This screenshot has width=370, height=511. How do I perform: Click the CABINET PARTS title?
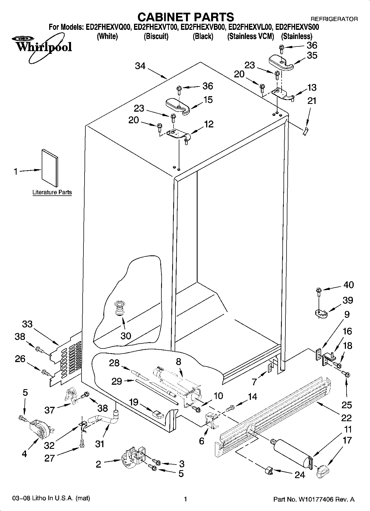[185, 17]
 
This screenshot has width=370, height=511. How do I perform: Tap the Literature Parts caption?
[52, 192]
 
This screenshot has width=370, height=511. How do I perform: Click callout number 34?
[140, 66]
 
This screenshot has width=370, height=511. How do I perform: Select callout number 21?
[312, 101]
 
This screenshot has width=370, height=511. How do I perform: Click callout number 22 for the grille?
[346, 418]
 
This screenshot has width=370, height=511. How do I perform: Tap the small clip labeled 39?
[321, 313]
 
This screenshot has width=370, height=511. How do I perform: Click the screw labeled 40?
[318, 291]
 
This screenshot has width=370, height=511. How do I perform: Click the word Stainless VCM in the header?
[250, 36]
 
